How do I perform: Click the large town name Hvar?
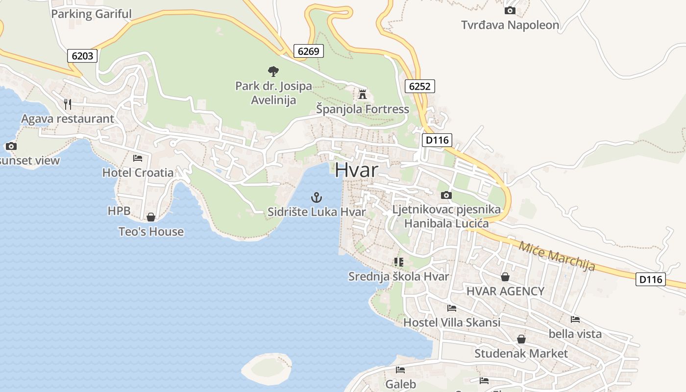point(357,170)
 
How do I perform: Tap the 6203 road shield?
point(82,56)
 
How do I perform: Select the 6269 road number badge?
point(309,51)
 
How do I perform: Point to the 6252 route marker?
point(420,87)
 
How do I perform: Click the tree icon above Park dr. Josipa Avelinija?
point(273,72)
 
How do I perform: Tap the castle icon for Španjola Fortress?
point(363,94)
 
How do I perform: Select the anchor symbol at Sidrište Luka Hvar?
point(317,197)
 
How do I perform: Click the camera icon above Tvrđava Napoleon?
point(510,10)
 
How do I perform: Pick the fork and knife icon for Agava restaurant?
point(68,104)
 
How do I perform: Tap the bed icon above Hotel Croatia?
point(138,158)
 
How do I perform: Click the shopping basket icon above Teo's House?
point(151,217)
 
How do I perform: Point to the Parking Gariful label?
point(91,14)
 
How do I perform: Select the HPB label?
point(119,211)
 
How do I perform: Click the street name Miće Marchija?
point(557,256)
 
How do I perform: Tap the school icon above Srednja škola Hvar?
point(398,262)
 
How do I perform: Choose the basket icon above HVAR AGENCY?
point(505,277)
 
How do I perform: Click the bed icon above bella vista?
point(575,319)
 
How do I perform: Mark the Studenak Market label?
point(521,353)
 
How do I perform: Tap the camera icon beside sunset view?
point(11,146)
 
